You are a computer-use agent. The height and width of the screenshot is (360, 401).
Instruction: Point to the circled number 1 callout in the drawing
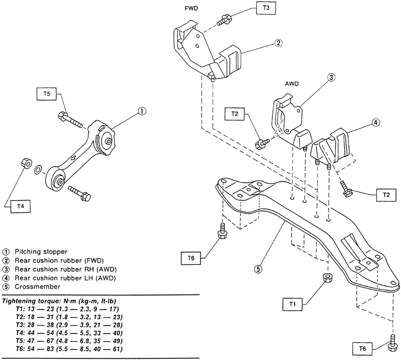click(x=142, y=111)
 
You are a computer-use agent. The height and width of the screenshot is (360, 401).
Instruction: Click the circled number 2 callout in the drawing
click(x=279, y=44)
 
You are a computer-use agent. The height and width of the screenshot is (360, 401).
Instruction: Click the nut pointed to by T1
click(x=329, y=277)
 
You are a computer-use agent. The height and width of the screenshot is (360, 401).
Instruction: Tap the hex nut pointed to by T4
click(x=24, y=163)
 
